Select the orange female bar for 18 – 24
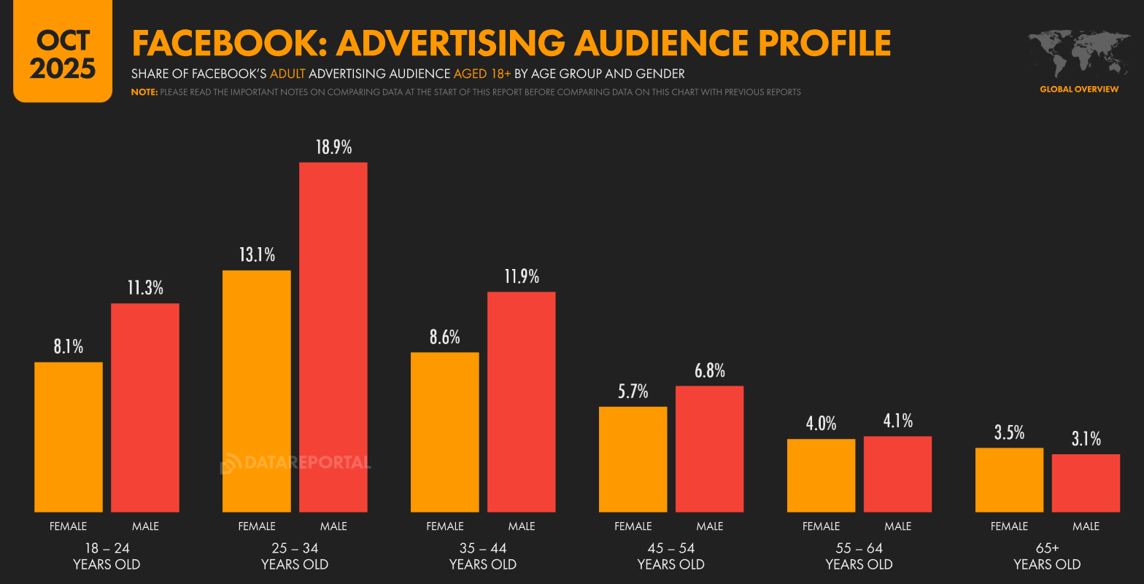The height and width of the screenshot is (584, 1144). pos(69,437)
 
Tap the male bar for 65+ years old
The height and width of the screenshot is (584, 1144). pos(1086,483)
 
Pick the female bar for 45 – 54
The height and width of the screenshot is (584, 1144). pos(633,459)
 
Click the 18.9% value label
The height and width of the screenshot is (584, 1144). pos(333,148)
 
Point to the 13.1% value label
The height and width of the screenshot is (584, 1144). pos(257,255)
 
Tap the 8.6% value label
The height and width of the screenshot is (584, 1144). pos(445,337)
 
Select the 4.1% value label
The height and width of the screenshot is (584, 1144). pos(897,421)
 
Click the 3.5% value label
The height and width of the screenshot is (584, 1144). pos(1009,432)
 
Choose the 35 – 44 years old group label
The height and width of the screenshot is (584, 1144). pos(483,556)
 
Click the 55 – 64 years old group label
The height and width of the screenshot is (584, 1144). pos(859,556)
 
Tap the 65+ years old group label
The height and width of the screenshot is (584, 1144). pos(1047,556)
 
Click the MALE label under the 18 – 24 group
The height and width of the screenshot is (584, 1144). pos(145,526)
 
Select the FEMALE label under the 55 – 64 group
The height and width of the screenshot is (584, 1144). pos(821,526)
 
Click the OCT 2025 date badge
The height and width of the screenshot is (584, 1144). pos(63,55)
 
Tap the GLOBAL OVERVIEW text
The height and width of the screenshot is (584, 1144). pos(1078,89)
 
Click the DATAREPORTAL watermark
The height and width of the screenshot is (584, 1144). pos(295,462)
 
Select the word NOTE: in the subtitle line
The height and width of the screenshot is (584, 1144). pos(144,92)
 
